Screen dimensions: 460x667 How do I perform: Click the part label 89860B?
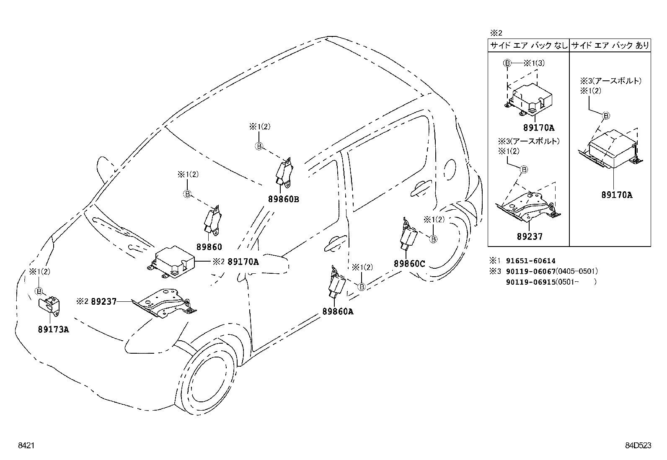coord(284,200)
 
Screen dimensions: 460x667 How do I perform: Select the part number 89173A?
coord(53,329)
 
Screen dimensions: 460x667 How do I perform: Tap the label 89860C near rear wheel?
coord(409,264)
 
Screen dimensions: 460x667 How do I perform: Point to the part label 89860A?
coord(338,311)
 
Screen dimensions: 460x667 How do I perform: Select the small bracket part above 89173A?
coord(50,305)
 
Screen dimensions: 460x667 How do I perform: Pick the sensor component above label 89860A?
coord(337,285)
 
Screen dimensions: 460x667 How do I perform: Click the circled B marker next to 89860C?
coord(434,239)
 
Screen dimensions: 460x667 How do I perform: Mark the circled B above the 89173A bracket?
coord(39,291)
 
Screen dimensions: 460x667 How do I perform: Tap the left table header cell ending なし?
coord(528,45)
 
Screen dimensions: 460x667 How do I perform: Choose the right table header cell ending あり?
coord(610,45)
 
